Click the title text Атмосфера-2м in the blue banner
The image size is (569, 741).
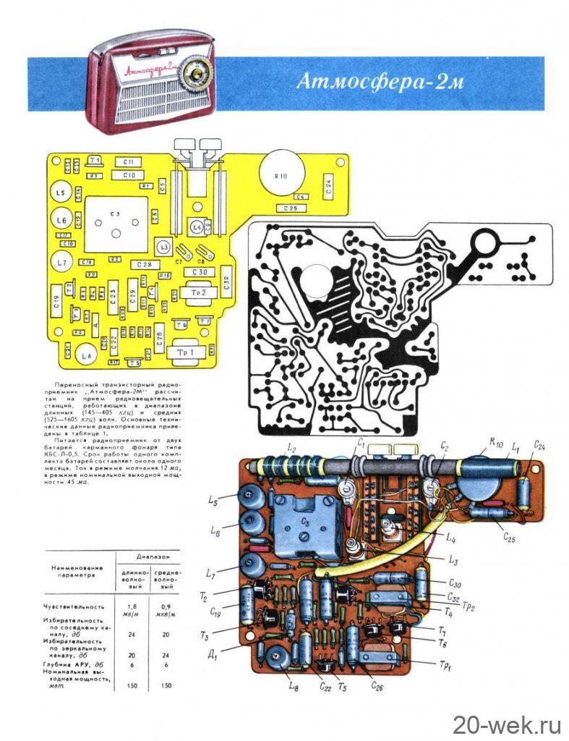[379, 81]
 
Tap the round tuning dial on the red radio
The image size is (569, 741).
[194, 72]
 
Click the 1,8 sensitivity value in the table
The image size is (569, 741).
[132, 606]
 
